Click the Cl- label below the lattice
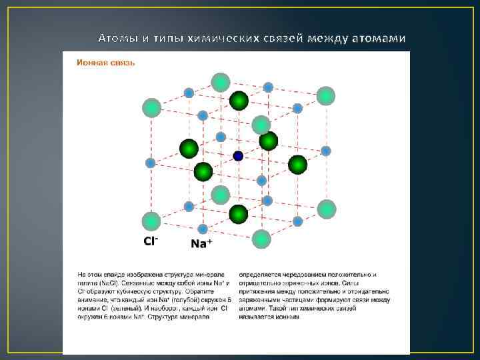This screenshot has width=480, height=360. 151,241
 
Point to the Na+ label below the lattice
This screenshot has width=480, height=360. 201,243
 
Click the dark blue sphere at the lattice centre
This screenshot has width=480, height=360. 238,156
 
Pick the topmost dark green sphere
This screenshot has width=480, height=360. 239,101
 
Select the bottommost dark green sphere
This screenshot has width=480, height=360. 238,214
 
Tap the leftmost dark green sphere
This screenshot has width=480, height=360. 189,148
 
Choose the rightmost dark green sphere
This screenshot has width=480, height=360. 297,165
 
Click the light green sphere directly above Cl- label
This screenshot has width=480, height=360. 152,221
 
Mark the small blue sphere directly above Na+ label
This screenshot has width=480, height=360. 189,206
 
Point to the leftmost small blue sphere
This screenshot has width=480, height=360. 151,163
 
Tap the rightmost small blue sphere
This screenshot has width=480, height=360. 326,151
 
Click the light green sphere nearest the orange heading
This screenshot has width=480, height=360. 152,107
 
